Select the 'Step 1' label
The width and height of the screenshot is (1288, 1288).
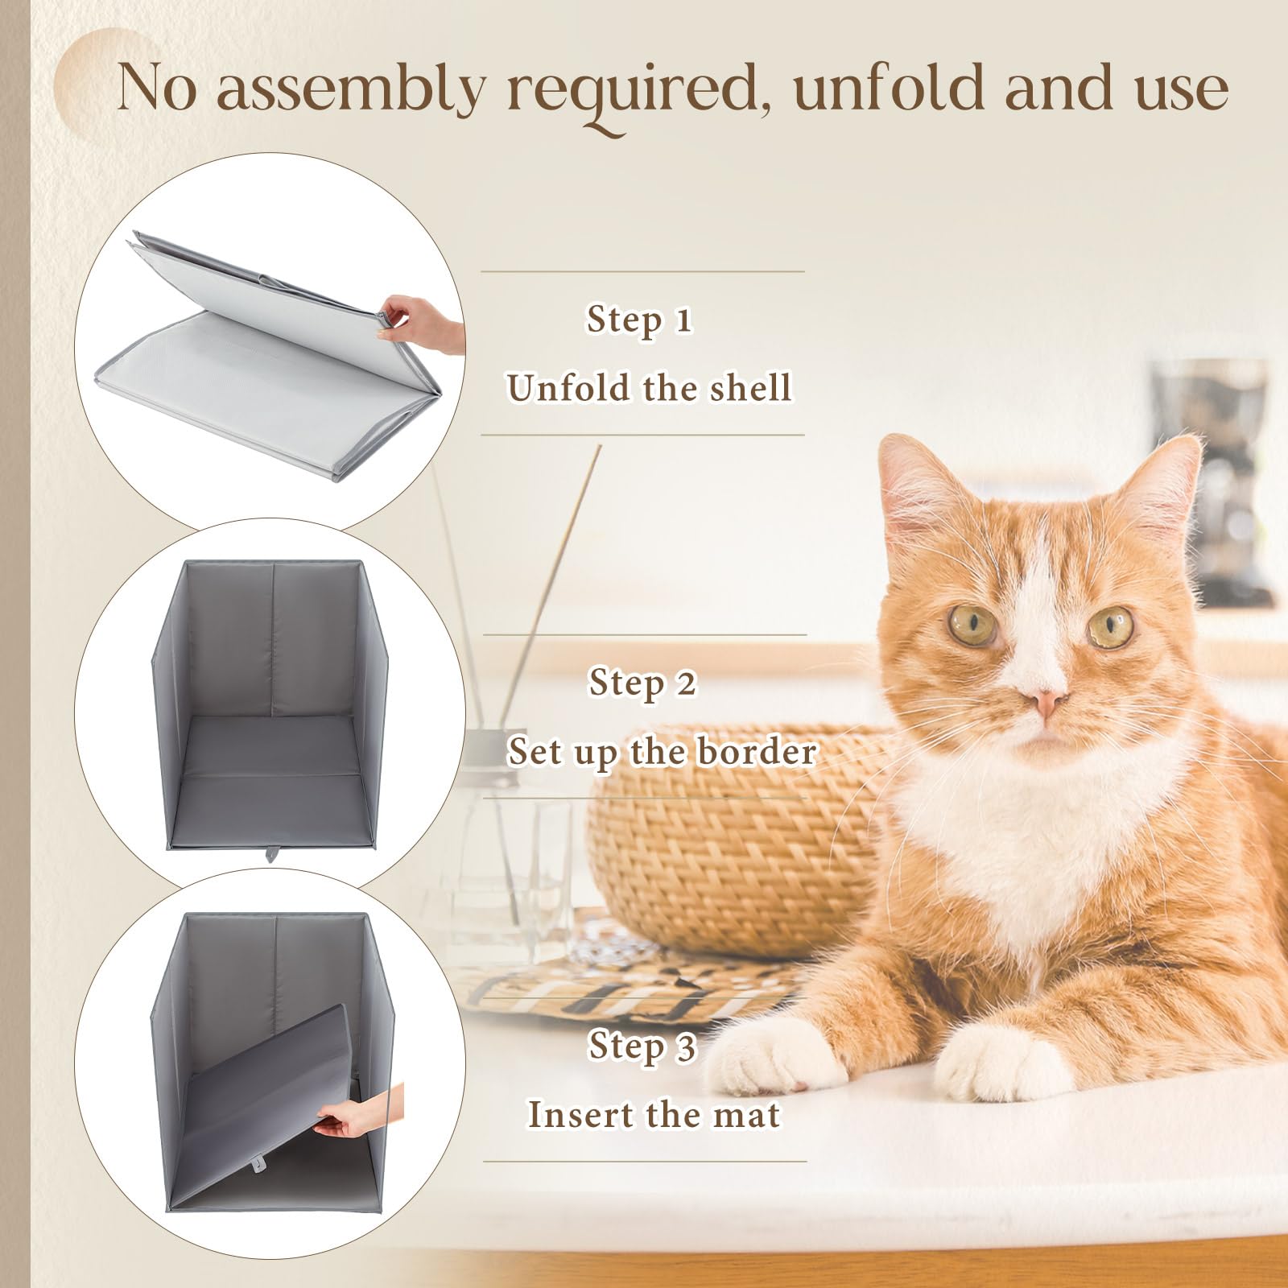tap(639, 320)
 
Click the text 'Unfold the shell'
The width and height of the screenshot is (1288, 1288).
tap(649, 388)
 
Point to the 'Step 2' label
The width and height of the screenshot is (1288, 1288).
tap(642, 683)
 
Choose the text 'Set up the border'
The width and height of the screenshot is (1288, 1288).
tap(662, 752)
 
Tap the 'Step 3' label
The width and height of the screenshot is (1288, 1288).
tap(642, 1046)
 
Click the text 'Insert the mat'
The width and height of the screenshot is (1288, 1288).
tap(654, 1115)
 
